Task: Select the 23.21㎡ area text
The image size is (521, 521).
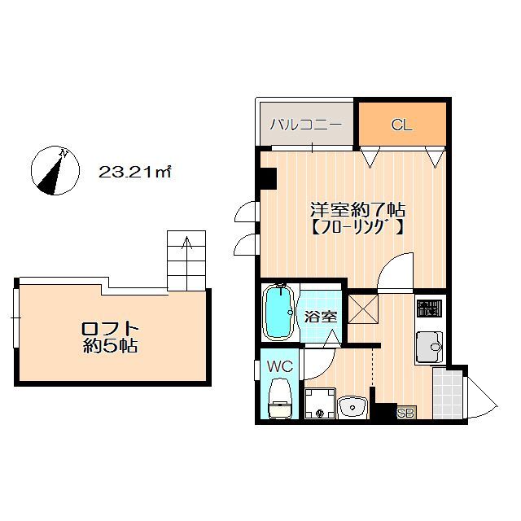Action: [134, 172]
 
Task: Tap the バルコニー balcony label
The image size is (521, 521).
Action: [305, 125]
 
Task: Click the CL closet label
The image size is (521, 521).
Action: [401, 125]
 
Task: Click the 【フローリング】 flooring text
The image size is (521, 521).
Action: [356, 228]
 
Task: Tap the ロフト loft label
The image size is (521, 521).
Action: [110, 328]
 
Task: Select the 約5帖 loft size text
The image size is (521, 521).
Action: [110, 347]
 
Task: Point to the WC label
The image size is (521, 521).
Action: [279, 366]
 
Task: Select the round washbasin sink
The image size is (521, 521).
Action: [352, 405]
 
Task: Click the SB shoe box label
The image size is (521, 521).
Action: [405, 414]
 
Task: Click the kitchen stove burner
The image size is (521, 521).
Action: [427, 310]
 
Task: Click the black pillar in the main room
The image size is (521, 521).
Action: [267, 177]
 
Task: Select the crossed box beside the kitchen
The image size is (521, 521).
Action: [363, 310]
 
